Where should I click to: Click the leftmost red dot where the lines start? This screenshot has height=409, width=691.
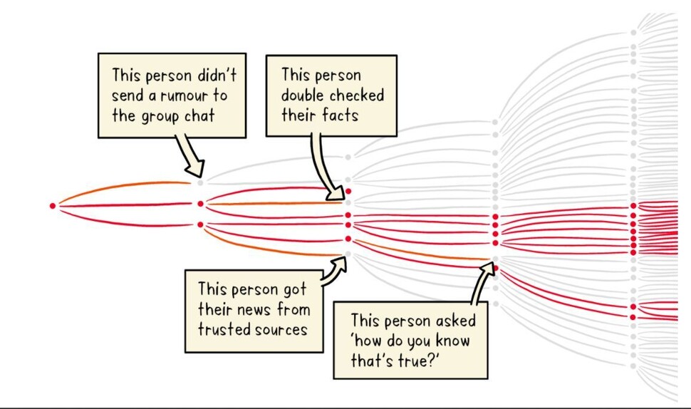(53, 206)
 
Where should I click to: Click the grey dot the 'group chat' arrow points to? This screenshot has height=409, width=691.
(201, 182)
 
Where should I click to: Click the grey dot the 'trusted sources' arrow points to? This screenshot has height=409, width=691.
(348, 254)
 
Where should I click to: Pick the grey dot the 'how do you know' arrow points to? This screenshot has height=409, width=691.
(495, 259)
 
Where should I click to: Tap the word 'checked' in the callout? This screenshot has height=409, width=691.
(358, 95)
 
